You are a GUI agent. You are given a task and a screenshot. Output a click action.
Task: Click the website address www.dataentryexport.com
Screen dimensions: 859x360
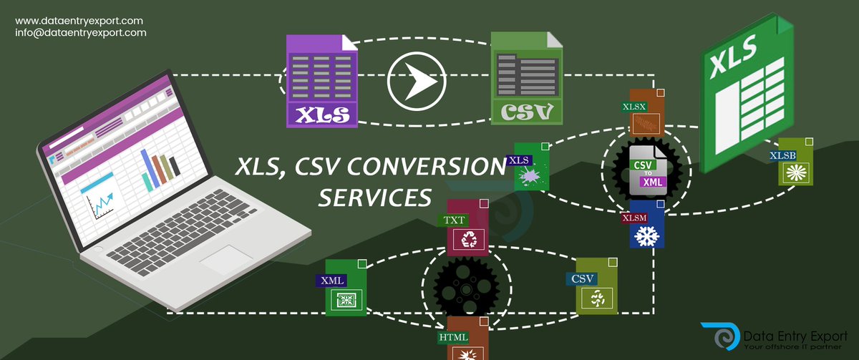pyautogui.click(x=79, y=21)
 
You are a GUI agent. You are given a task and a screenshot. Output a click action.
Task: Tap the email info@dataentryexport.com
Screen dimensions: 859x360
pyautogui.click(x=81, y=33)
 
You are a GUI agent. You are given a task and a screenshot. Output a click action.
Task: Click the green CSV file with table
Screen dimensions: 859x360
pyautogui.click(x=526, y=78)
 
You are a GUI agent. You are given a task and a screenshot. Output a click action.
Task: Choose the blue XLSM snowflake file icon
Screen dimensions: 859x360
pyautogui.click(x=646, y=224)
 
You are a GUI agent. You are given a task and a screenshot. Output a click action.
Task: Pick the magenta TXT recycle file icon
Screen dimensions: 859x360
pyautogui.click(x=467, y=228)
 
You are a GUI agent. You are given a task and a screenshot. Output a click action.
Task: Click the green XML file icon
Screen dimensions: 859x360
pyautogui.click(x=346, y=288)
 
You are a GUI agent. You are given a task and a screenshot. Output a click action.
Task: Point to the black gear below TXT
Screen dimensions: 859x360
pyautogui.click(x=466, y=287)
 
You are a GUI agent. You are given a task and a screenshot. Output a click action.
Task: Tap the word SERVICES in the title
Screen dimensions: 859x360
pyautogui.click(x=375, y=196)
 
